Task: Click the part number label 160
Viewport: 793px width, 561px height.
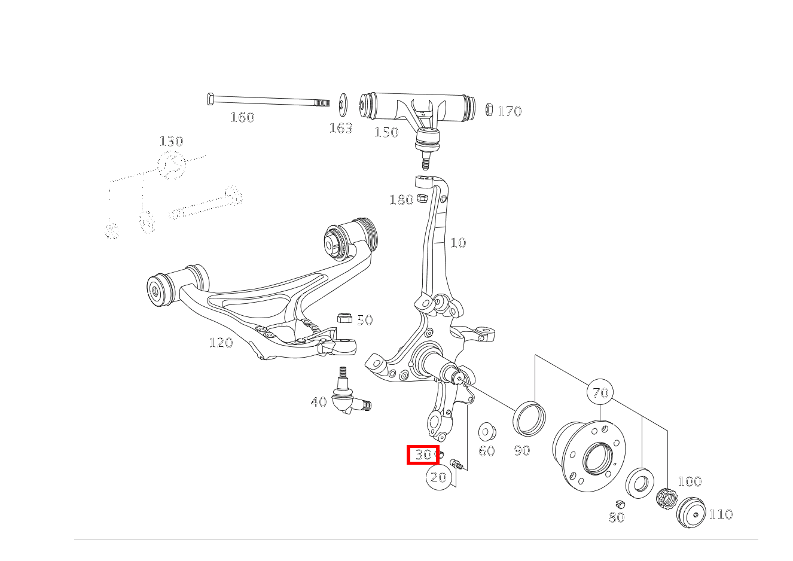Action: [242, 117]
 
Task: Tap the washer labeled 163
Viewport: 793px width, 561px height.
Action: [343, 105]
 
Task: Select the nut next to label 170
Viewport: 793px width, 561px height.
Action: [489, 109]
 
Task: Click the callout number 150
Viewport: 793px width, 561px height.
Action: [386, 132]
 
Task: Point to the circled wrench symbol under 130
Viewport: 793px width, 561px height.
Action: [172, 165]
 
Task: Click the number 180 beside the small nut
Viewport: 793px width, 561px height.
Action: [401, 200]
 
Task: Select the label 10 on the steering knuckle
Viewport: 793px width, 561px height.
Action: [458, 243]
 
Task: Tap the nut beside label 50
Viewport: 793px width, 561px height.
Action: [344, 318]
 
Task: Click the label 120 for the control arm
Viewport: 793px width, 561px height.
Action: [220, 343]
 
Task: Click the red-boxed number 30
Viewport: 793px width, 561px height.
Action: [423, 455]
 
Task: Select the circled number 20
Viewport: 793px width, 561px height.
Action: [438, 477]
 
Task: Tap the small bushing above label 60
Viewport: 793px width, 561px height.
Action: [486, 431]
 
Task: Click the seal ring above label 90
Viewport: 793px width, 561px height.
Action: [529, 418]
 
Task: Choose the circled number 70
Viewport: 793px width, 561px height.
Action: [600, 393]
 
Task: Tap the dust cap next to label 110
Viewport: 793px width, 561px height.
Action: [691, 513]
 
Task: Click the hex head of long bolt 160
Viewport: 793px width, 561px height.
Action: [211, 99]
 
